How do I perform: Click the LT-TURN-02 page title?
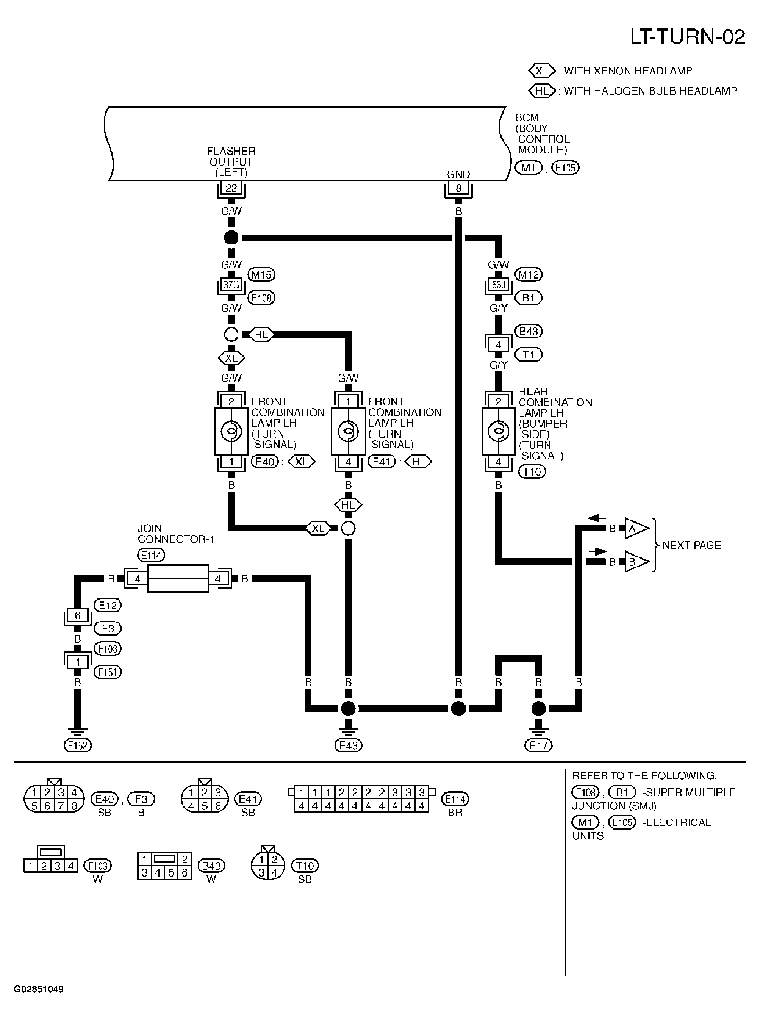click(x=687, y=37)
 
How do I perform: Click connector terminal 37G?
click(x=231, y=285)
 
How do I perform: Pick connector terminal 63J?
click(x=498, y=285)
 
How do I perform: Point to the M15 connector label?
click(x=261, y=275)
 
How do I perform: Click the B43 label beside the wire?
click(x=529, y=331)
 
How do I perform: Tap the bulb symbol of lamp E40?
click(x=231, y=431)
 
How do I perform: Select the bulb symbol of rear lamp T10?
click(x=498, y=431)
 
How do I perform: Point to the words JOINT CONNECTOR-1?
click(x=176, y=534)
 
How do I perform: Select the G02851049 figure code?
click(x=39, y=989)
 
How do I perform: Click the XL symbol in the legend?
click(x=542, y=71)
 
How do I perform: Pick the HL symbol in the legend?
click(x=542, y=91)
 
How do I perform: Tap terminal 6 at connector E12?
click(x=78, y=615)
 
